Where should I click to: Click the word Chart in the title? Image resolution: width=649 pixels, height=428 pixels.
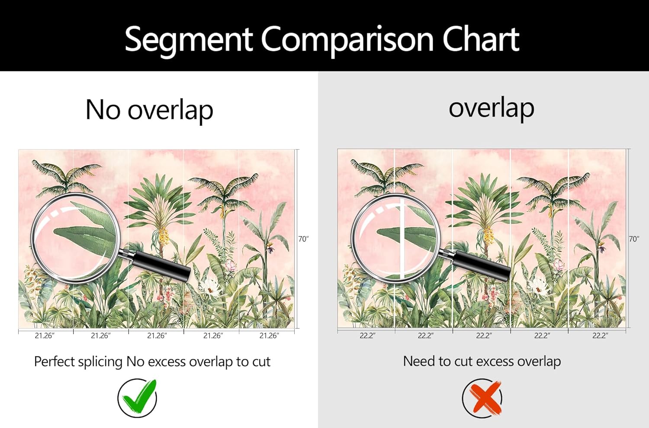(x=481, y=39)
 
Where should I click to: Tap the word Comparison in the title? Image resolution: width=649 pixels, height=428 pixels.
(x=347, y=41)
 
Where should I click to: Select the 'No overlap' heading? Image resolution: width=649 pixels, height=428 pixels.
(x=150, y=110)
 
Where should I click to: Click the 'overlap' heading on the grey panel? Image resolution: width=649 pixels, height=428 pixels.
(x=492, y=109)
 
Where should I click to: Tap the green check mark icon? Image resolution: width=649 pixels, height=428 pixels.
(x=138, y=397)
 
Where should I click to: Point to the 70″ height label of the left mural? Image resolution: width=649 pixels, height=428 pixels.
(x=303, y=239)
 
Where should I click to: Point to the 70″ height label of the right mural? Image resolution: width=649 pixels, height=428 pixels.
(x=634, y=239)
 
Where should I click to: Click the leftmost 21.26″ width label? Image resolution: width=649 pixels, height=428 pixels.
(x=45, y=335)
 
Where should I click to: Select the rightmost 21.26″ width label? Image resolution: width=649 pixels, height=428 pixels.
(x=269, y=335)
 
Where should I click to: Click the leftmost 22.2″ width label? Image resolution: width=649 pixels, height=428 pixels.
(x=368, y=335)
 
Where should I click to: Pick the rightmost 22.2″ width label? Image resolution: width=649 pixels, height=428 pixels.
(x=600, y=335)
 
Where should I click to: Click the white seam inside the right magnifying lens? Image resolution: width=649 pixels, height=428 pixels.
(x=401, y=237)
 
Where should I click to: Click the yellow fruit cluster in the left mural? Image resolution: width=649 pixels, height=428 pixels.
(x=163, y=235)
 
